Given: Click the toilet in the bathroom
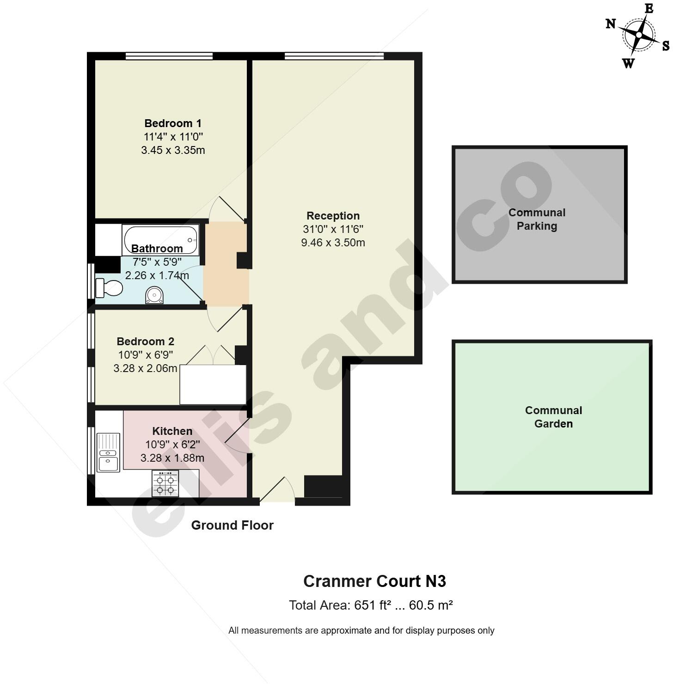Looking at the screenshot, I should coord(109,288).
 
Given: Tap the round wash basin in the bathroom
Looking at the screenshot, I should coord(154,295).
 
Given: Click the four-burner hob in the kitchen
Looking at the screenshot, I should coord(165,483).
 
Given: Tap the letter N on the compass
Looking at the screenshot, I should coord(611,24).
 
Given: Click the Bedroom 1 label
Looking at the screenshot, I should coord(173,123).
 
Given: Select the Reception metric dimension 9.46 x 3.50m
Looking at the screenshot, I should coord(333,243).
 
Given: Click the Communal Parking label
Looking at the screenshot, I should coord(537,220).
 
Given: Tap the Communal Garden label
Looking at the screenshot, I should coord(553,417).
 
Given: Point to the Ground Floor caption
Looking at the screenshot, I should coord(232,525).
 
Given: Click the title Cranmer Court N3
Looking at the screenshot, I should coord(374,581).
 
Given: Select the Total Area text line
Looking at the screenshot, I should coord(370,605).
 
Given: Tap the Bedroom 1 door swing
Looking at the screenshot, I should coord(226,208).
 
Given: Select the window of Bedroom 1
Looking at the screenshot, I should coord(169,56).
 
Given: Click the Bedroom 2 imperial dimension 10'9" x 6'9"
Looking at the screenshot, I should coord(145,355).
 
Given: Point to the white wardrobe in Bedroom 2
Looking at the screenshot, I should coord(213,385).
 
